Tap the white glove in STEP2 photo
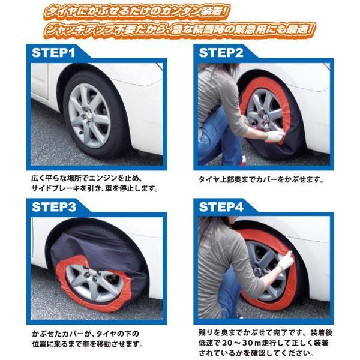pos(274,136)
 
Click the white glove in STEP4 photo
pos(285,260)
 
